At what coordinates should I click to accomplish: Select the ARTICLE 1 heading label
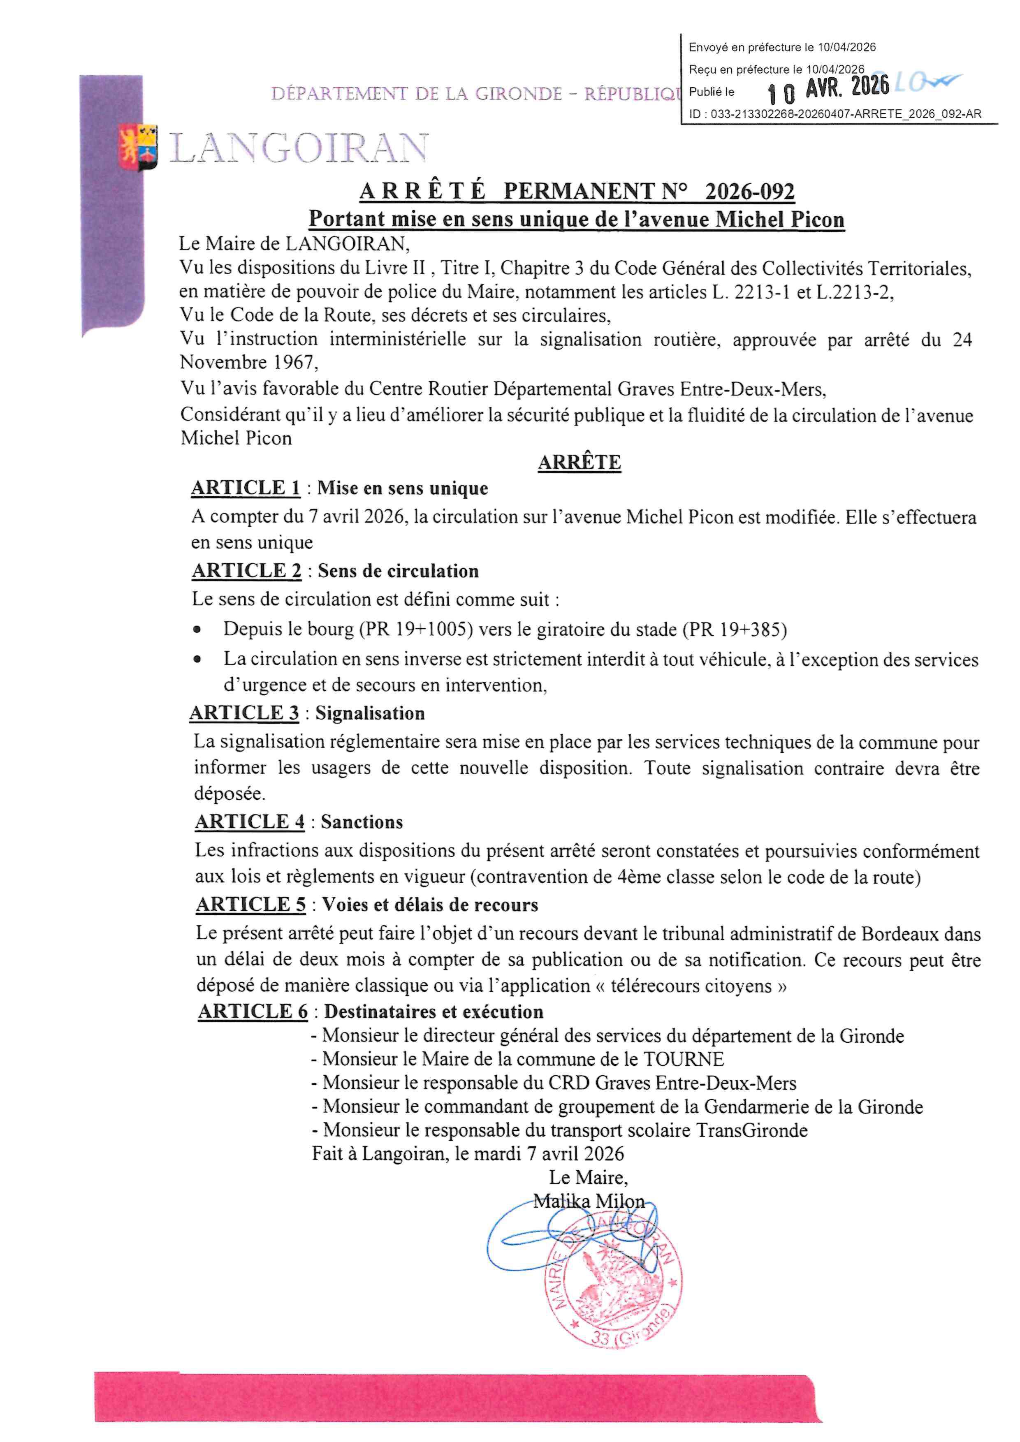[x=246, y=488]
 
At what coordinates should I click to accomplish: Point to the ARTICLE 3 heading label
[x=244, y=713]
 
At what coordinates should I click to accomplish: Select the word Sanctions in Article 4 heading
[x=362, y=822]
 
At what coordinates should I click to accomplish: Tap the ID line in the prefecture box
[x=835, y=114]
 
